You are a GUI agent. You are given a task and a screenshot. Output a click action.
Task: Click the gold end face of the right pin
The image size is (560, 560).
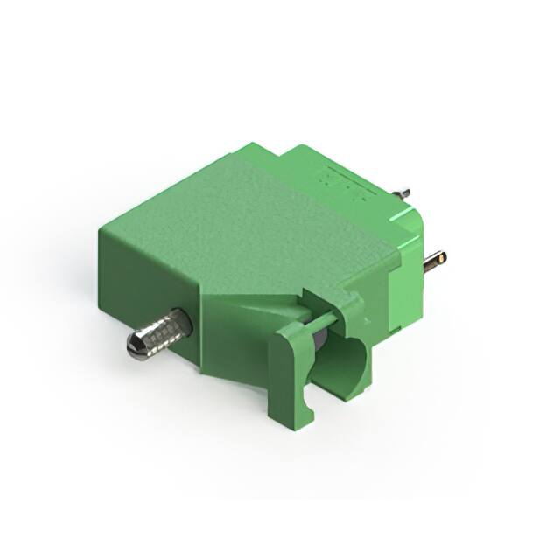441,258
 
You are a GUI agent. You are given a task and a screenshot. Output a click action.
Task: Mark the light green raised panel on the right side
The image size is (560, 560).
405,280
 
